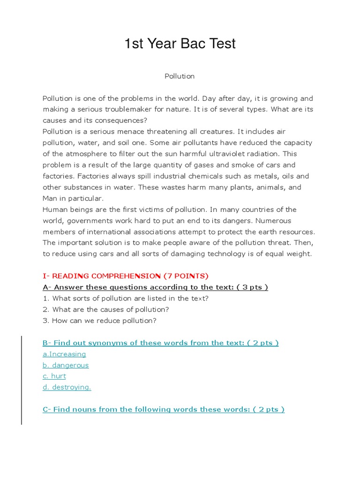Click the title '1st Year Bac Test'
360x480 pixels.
(180, 44)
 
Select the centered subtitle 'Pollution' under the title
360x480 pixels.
(180, 76)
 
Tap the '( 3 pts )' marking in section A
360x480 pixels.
(252, 287)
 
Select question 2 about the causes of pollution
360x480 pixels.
(105, 309)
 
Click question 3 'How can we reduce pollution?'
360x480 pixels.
(99, 321)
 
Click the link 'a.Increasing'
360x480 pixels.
(64, 354)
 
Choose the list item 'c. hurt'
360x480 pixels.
(54, 376)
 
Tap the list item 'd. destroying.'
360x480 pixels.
(67, 387)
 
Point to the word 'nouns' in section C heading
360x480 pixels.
(82, 409)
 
